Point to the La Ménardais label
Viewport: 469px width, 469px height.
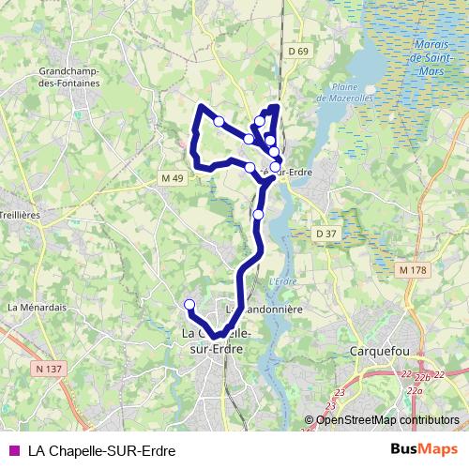[37, 306]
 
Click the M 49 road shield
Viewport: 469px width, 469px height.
[173, 178]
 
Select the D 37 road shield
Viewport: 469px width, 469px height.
[325, 233]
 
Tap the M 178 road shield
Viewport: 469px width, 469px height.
[412, 270]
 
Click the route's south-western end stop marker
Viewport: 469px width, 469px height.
[189, 304]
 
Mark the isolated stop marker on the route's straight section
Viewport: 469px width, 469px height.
[259, 215]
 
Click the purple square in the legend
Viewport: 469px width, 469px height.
[13, 450]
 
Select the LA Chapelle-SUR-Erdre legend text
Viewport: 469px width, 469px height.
[101, 450]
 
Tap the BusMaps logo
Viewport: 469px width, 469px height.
[423, 449]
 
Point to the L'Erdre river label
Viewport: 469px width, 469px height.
[281, 282]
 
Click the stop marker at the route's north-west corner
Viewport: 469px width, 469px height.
[219, 121]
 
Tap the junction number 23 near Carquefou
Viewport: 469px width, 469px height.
[340, 392]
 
